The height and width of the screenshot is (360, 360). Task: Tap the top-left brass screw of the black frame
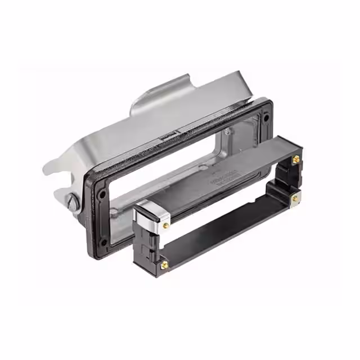[165, 225]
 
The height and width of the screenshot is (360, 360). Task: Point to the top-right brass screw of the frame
[295, 161]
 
